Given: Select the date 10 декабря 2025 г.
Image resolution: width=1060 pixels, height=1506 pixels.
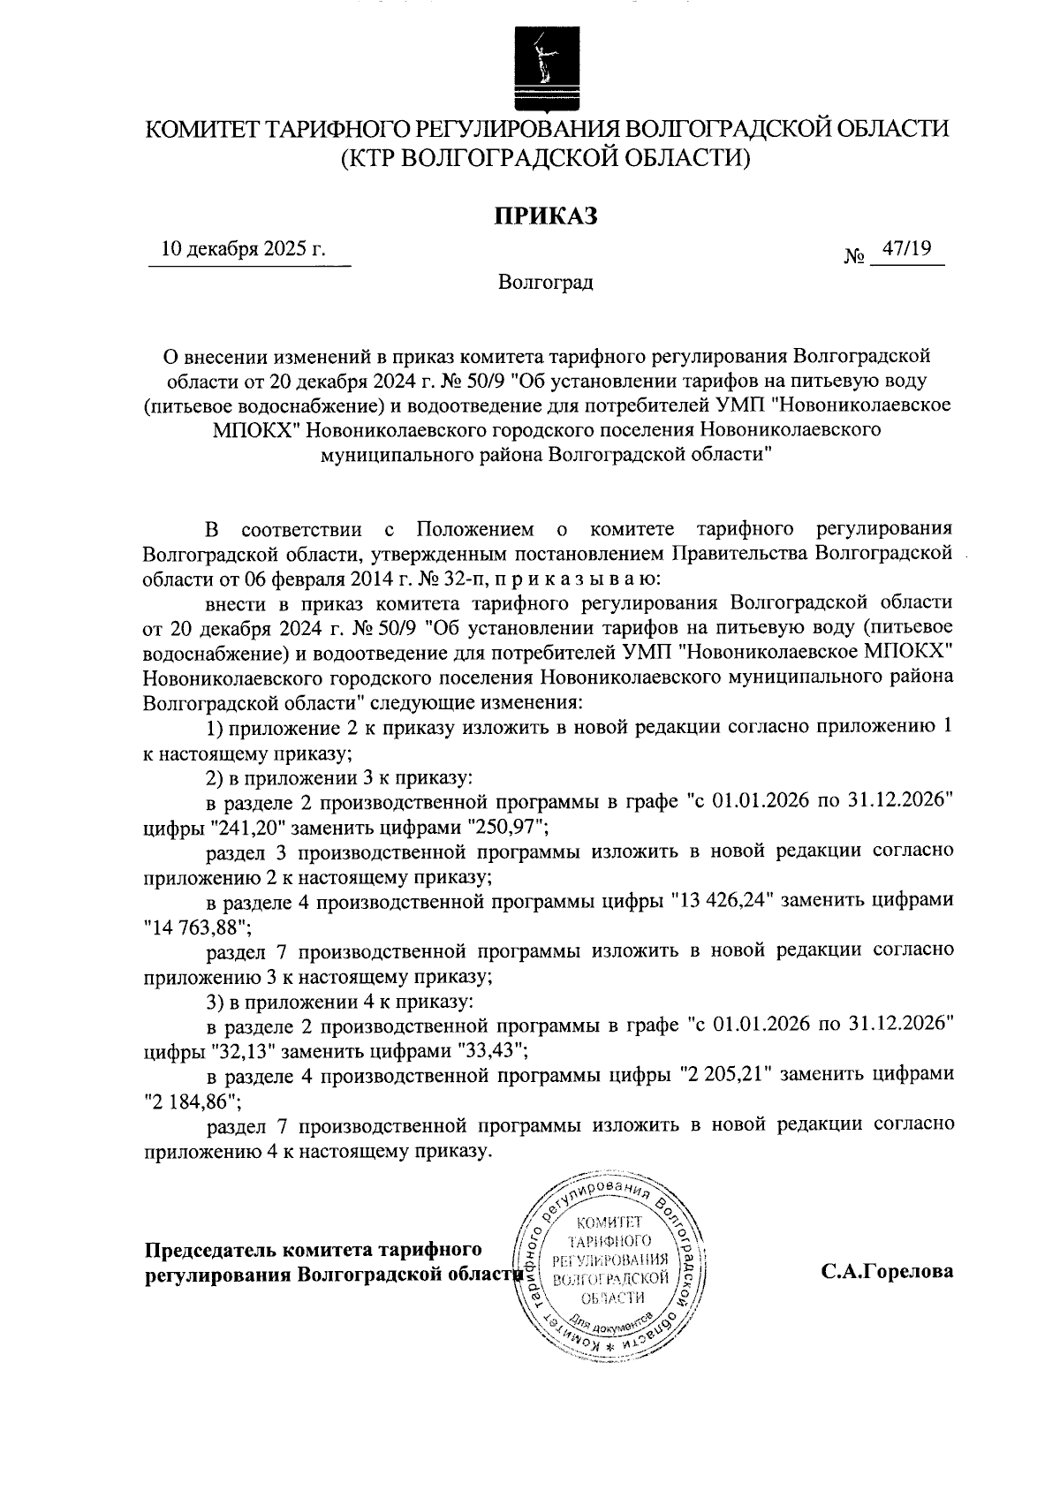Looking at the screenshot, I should [243, 250].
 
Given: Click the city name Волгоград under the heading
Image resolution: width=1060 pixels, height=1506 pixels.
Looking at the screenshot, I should [545, 283].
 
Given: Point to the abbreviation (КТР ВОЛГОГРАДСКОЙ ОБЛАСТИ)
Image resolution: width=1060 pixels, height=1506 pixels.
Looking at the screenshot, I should [546, 159].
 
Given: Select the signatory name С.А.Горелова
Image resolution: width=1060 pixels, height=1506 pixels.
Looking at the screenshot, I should [886, 1273].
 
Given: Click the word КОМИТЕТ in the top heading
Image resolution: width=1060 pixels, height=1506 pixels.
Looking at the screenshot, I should [200, 129].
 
